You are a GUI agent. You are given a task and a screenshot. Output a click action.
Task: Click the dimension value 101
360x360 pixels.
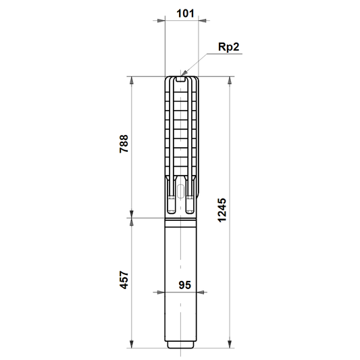point(185,14)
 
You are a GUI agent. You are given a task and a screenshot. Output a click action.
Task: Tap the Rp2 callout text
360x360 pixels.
point(228,47)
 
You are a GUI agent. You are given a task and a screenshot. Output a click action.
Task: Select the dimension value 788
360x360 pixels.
point(124,144)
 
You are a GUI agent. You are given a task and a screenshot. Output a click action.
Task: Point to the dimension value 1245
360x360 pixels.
point(222,210)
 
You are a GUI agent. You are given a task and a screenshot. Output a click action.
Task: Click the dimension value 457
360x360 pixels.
point(124,280)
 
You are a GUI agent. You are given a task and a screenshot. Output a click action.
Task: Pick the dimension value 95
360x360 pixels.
point(185,285)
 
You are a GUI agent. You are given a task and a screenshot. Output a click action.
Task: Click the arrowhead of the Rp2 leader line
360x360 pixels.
point(184,73)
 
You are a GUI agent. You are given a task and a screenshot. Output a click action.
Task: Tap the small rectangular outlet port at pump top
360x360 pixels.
point(181,79)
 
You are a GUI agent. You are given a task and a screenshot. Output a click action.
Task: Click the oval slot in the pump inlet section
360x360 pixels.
point(181,191)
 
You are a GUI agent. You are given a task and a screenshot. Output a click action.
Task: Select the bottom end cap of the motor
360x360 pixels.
point(180,344)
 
